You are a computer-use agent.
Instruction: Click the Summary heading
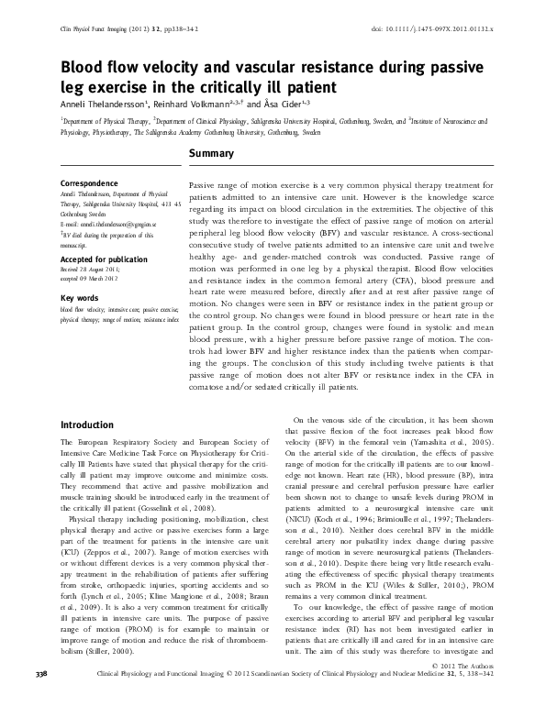(212, 156)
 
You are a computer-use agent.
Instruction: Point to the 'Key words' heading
(80, 299)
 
